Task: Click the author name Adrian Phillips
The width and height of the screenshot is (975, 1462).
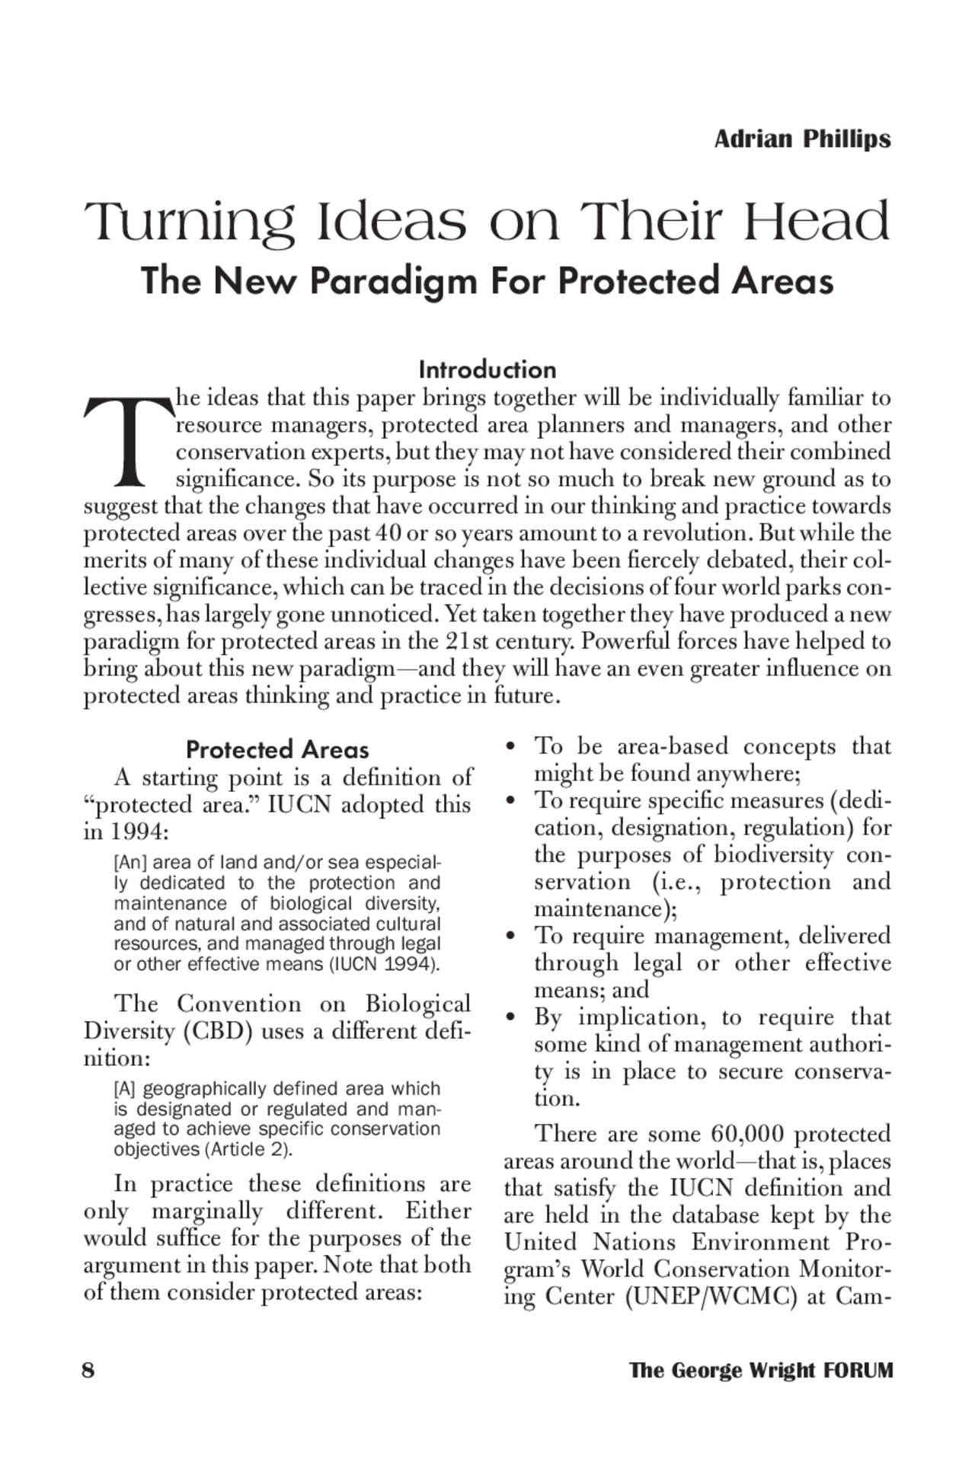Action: pos(802,139)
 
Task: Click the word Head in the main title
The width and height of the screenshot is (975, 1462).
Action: pos(816,222)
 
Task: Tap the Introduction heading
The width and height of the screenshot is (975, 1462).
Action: pos(487,370)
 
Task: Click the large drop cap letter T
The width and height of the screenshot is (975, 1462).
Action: pos(127,442)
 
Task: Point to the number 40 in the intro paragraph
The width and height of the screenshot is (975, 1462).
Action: pos(388,533)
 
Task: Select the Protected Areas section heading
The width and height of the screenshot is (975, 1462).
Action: pos(277,750)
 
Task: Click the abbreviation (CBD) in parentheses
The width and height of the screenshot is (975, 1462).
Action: pos(217,1032)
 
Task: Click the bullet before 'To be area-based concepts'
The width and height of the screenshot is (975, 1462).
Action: pos(513,748)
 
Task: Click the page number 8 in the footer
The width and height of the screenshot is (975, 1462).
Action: pos(88,1371)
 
